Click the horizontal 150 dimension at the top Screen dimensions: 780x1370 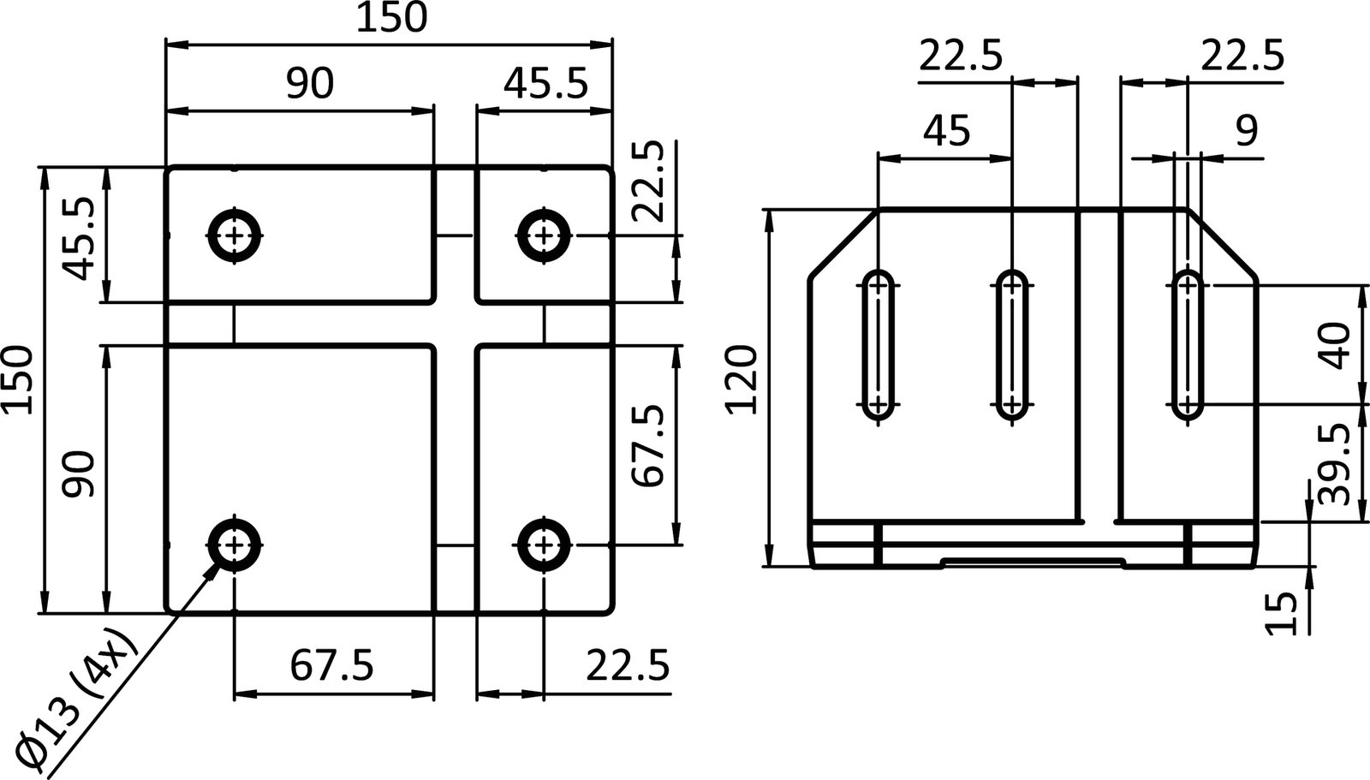coord(390,19)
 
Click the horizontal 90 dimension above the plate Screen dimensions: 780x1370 coord(309,85)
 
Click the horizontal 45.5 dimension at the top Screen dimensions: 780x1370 coord(545,85)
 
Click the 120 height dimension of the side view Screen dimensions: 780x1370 coord(742,380)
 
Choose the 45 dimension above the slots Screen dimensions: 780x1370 coord(946,131)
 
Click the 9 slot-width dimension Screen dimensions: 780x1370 coord(1246,131)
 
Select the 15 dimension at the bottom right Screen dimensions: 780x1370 coord(1281,614)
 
